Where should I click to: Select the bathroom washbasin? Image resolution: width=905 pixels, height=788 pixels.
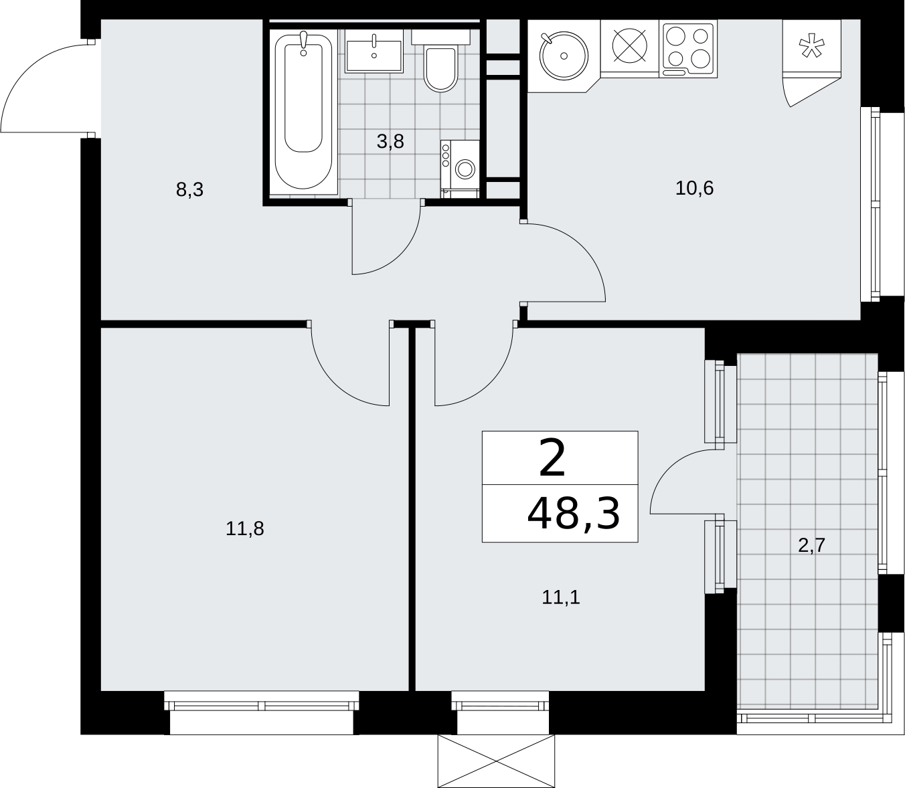tap(374, 52)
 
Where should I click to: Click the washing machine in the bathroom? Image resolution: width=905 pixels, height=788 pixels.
tap(460, 169)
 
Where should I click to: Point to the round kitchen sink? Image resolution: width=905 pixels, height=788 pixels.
tap(564, 56)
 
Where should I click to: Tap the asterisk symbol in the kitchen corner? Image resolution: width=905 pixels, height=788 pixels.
tap(812, 47)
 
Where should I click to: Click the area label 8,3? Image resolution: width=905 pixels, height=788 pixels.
tap(189, 190)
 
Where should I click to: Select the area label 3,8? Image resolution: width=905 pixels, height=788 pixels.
tap(390, 141)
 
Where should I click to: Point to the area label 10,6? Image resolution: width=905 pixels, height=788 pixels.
tap(694, 188)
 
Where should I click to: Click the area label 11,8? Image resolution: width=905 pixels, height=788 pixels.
tap(244, 528)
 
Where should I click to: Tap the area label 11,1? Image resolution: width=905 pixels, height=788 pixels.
tap(560, 597)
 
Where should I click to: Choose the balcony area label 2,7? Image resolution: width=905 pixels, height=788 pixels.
tap(812, 546)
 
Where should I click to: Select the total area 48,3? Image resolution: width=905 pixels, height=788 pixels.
tap(574, 514)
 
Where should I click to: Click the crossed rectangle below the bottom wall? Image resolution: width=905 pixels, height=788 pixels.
tap(496, 761)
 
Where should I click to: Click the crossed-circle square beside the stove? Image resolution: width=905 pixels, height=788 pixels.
tap(629, 45)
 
